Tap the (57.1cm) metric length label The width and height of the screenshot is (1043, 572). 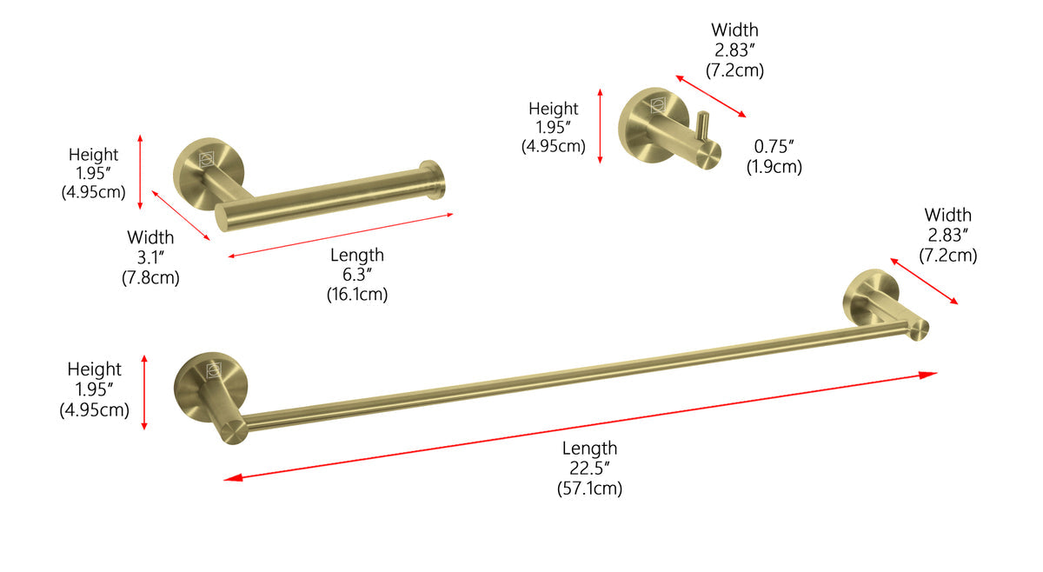(589, 489)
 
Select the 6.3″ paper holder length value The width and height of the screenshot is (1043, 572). (356, 275)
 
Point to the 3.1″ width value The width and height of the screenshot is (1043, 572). (150, 257)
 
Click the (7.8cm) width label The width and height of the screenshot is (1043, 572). (150, 277)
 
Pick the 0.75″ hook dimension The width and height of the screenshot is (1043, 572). (774, 147)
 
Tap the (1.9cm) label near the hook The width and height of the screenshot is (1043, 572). (774, 167)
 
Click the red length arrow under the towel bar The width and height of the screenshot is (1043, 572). (580, 426)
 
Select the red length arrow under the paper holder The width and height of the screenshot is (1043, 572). (340, 236)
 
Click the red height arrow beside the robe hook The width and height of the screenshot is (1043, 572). (601, 125)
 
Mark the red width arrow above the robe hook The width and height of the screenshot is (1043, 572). (710, 96)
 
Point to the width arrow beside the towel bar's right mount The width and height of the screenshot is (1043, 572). (923, 280)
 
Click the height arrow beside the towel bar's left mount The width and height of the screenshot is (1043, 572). (144, 392)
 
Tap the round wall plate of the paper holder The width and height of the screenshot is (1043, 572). (198, 163)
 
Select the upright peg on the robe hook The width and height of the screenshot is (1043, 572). (703, 127)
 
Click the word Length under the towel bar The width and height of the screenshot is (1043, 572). (589, 449)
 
